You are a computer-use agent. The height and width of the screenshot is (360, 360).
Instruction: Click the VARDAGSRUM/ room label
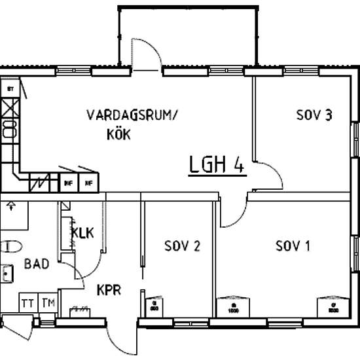coord(132,116)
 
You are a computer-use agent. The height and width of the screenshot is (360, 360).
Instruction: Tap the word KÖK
coord(118,135)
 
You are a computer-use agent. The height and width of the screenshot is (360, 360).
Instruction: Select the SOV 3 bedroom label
coord(315,116)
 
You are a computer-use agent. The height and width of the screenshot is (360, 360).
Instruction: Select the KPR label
coord(109,289)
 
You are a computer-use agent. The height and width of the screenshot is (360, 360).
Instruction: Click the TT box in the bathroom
coord(27,303)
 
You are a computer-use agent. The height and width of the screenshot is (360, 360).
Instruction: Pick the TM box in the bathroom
coord(47,303)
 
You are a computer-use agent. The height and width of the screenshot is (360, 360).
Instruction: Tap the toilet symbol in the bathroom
coord(10,245)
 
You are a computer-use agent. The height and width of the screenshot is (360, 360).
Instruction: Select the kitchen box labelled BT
coord(10,88)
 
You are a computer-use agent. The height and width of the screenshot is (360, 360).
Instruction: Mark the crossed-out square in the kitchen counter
coord(10,105)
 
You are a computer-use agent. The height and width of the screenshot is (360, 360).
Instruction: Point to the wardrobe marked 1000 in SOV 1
coord(234,306)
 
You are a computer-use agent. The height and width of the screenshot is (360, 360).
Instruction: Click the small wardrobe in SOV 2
coord(154,306)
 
